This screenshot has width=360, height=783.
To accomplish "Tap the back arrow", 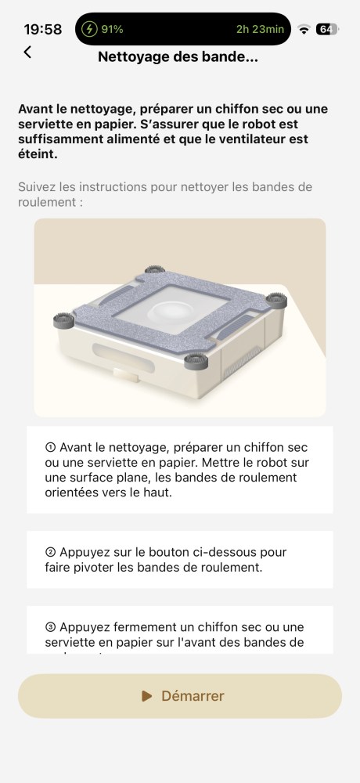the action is (27, 52).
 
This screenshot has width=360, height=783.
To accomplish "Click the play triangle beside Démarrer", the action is (147, 695).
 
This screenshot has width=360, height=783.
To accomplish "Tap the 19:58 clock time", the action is (43, 30).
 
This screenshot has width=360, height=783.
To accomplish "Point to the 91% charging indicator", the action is (103, 29).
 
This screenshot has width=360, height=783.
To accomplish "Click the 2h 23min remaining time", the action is (260, 29).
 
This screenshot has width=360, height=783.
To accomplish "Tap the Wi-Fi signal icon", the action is (304, 30).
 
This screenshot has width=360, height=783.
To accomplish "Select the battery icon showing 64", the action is (327, 30).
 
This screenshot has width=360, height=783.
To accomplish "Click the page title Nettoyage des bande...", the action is (178, 57).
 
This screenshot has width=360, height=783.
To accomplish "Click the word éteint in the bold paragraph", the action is (38, 154).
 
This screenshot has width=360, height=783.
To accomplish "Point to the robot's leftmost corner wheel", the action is (64, 320).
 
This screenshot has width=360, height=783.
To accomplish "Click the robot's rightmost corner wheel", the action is (276, 300).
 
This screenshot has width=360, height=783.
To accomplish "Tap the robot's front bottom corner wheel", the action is (196, 361).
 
